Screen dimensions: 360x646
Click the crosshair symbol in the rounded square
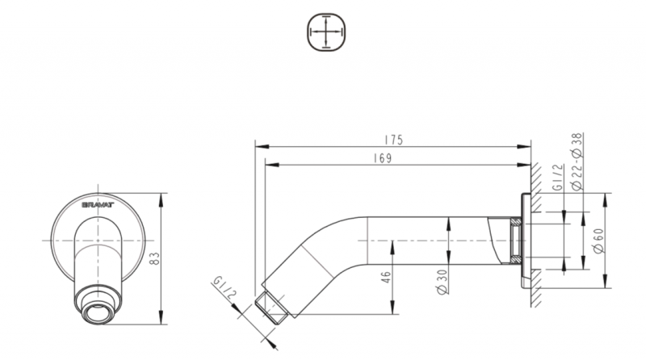pyautogui.click(x=326, y=33)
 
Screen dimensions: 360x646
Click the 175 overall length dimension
pyautogui.click(x=393, y=139)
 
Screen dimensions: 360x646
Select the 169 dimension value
pyautogui.click(x=383, y=158)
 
